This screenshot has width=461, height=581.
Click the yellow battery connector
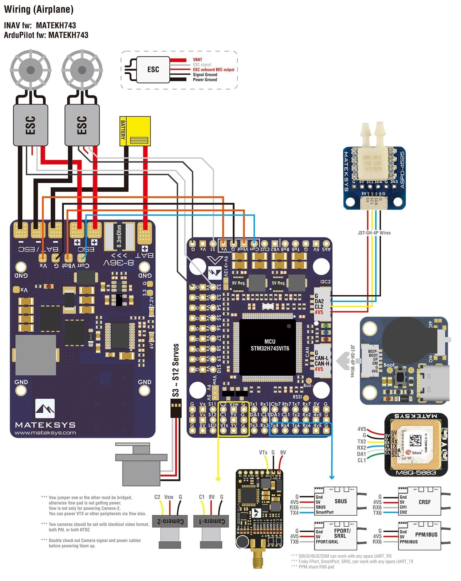point(135,131)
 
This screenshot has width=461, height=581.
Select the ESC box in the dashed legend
point(153,69)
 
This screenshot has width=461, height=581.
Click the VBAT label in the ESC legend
point(197,60)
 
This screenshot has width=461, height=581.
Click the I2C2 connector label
point(325,282)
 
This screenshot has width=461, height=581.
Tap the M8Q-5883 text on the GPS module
point(416,473)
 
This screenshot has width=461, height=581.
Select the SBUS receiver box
point(335,501)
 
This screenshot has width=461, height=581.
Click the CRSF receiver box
point(419,501)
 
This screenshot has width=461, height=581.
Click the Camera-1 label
point(211,521)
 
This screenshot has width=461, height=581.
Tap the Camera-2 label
point(170,521)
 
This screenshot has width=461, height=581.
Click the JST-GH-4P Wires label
point(374,233)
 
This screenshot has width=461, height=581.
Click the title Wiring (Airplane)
point(39,10)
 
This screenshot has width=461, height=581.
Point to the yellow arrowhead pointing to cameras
point(218,479)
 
